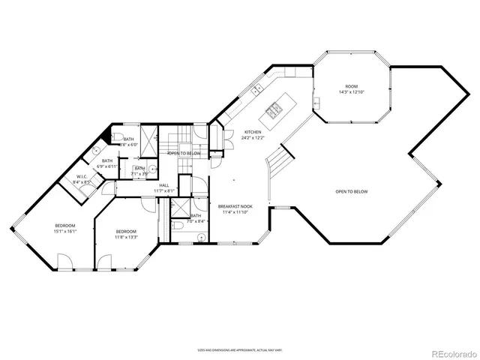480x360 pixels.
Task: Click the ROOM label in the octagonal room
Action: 351,86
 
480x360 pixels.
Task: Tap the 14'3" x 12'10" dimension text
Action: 351,92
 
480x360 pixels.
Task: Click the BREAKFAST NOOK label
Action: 235,206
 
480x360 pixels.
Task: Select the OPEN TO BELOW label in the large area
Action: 351,191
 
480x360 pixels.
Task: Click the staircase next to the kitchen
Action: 278,160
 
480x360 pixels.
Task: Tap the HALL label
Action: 164,184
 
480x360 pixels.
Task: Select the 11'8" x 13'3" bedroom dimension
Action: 125,237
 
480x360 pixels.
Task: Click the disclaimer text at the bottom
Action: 239,349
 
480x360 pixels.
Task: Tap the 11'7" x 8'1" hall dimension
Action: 164,190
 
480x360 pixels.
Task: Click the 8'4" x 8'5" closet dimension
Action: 81,182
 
